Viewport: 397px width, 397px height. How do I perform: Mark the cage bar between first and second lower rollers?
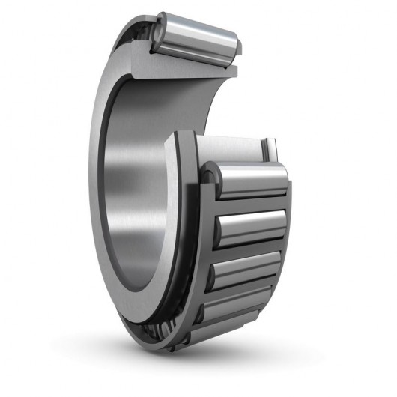[247, 202]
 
